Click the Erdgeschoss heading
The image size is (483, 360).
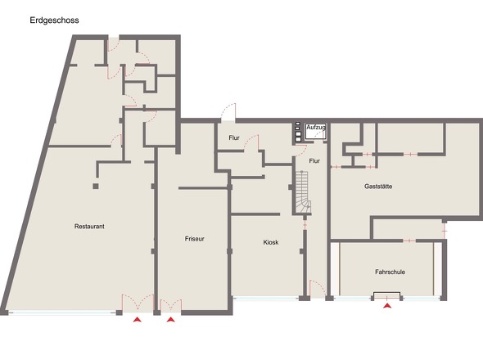pos(54,20)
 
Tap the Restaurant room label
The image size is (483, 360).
pos(89,227)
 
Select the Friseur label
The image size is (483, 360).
pos(194,239)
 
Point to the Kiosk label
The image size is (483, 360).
pos(271,242)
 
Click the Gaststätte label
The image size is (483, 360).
pos(378,187)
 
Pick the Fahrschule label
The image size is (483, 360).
pos(390,272)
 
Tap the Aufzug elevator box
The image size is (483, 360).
pos(316,132)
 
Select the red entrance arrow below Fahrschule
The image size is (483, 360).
pos(387,305)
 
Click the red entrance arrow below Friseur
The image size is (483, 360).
pos(171,320)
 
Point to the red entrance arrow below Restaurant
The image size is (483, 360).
pos(138,320)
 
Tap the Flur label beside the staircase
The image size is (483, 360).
pos(314,160)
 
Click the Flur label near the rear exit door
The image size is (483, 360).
pos(234,137)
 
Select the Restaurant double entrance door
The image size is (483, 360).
pos(138,304)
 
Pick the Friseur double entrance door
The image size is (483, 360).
pos(171,306)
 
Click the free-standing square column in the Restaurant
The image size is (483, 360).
pos(96,186)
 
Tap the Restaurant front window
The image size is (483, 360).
pos(62,313)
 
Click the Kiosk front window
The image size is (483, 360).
pos(265,298)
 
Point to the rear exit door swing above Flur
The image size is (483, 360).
pos(228,112)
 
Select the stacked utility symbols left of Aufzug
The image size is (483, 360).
pos(298,132)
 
